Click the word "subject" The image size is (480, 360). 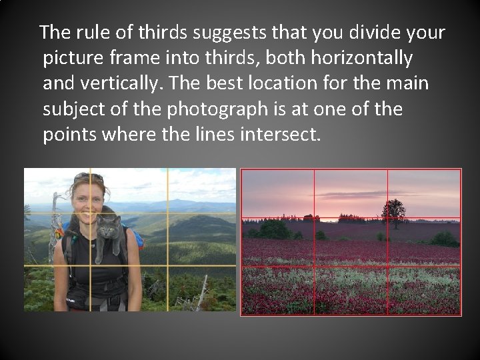coord(77,109)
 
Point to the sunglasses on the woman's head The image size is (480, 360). coord(88,177)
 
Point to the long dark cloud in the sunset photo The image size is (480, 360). coord(353,194)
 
